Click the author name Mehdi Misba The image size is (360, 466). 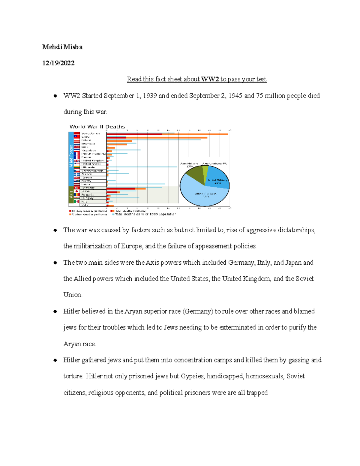coord(62,47)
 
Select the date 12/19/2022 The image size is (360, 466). coord(58,63)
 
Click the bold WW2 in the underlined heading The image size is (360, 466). coord(210,79)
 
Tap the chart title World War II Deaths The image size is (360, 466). coord(97,127)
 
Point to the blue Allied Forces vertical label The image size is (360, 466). coord(71,156)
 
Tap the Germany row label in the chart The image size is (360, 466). coord(88,188)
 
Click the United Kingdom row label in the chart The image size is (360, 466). coord(93,161)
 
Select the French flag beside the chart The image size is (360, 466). coord(77,157)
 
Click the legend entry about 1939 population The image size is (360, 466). coord(145,214)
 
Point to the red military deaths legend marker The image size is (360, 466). coord(70,211)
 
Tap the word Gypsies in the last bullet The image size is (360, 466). coord(192,376)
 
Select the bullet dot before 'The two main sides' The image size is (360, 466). coord(55,263)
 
